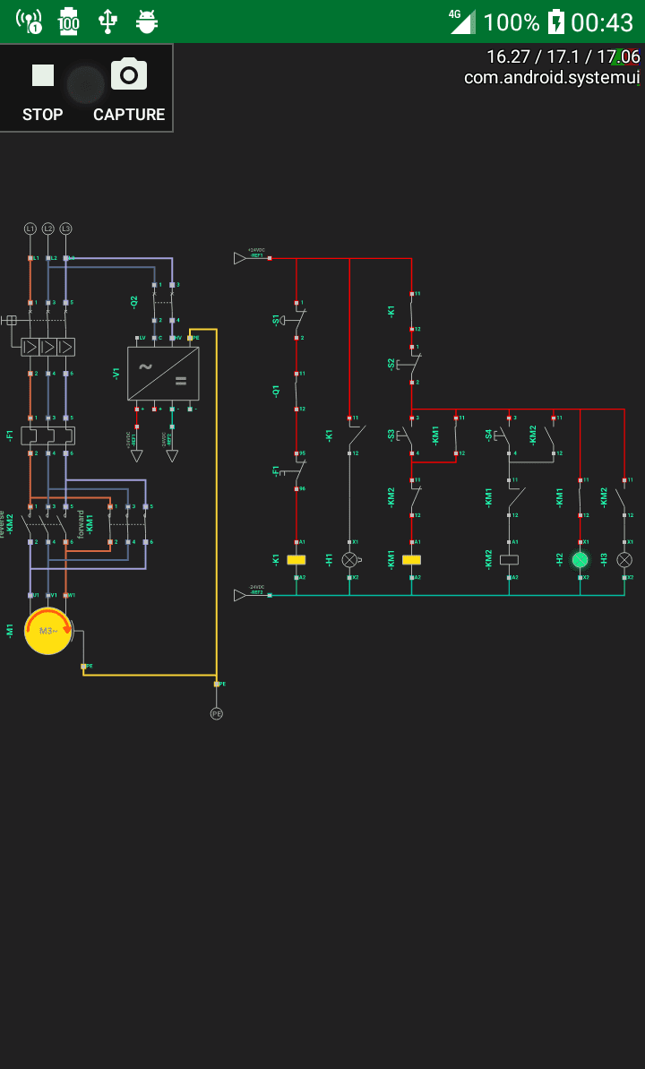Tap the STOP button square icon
[43, 75]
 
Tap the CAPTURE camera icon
[129, 74]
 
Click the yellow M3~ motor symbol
[48, 631]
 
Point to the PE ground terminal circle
[216, 713]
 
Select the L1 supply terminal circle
[30, 229]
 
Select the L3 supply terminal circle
[65, 229]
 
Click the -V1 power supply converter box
[163, 373]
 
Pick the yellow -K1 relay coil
[297, 559]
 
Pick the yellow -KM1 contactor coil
[412, 559]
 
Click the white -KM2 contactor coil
[510, 559]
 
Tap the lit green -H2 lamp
[580, 559]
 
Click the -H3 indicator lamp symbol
[624, 559]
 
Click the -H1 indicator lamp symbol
[349, 559]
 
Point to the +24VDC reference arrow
[239, 258]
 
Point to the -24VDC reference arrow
[239, 595]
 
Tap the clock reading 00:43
[602, 22]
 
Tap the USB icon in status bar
[107, 21]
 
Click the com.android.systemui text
[552, 77]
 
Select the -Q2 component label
[134, 302]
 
